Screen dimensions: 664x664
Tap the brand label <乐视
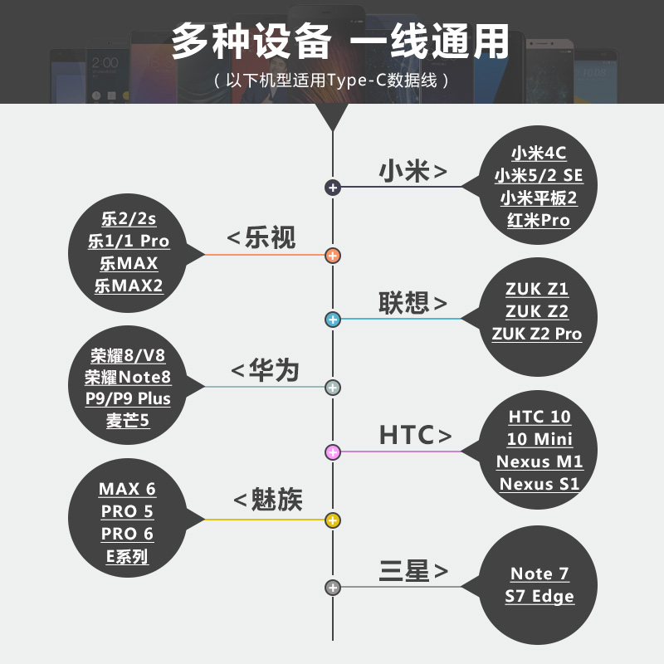pos(261,238)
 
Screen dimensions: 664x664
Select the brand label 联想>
pos(413,303)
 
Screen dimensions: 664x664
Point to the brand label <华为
pos(264,370)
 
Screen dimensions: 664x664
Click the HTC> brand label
pos(415,435)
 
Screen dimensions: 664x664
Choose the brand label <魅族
pos(267,500)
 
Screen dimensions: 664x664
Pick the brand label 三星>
pos(413,571)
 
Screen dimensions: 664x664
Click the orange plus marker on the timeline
pos(333,255)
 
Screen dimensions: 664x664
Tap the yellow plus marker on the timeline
pos(333,520)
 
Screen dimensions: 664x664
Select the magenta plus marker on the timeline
pos(333,452)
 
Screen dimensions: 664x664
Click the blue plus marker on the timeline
pos(333,320)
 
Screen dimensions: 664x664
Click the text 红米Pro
pos(539,221)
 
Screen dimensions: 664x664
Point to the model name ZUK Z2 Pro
pos(537,334)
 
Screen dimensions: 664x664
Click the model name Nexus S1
pos(539,484)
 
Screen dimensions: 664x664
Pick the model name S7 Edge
pos(539,596)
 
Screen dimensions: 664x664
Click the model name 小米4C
pos(539,153)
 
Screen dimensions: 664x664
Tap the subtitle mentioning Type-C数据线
pos(332,81)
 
